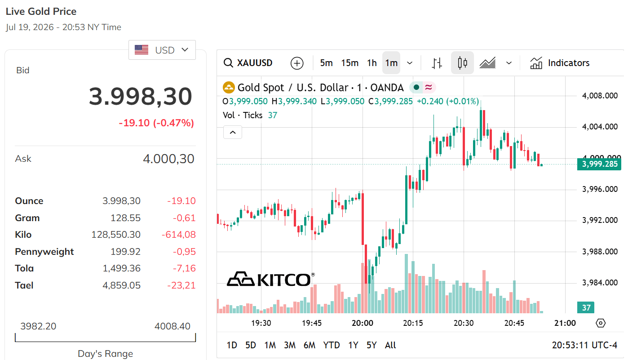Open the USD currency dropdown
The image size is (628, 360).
pos(162,50)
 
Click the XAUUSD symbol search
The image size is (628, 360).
pos(248,63)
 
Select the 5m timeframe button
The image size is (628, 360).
pos(326,63)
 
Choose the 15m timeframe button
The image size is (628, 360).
pos(349,63)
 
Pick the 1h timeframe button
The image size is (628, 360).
pos(372,63)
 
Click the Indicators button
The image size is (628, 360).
pos(560,63)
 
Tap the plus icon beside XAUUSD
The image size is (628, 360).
pos(297,63)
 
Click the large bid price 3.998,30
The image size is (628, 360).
pos(141,97)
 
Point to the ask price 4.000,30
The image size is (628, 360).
pos(168,159)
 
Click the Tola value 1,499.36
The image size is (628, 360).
pos(121,268)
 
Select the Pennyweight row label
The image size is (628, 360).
pos(44,252)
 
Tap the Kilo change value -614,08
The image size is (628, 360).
pos(179,235)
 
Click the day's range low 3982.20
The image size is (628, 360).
pos(38,326)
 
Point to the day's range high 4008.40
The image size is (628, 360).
pos(172,326)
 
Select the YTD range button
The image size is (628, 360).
pos(332,345)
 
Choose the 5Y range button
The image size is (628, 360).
pos(371,345)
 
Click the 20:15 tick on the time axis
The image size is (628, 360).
pos(413,323)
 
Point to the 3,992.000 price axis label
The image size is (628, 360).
pos(600,220)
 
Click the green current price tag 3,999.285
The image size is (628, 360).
pos(599,164)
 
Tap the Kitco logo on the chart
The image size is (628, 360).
pos(270,279)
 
